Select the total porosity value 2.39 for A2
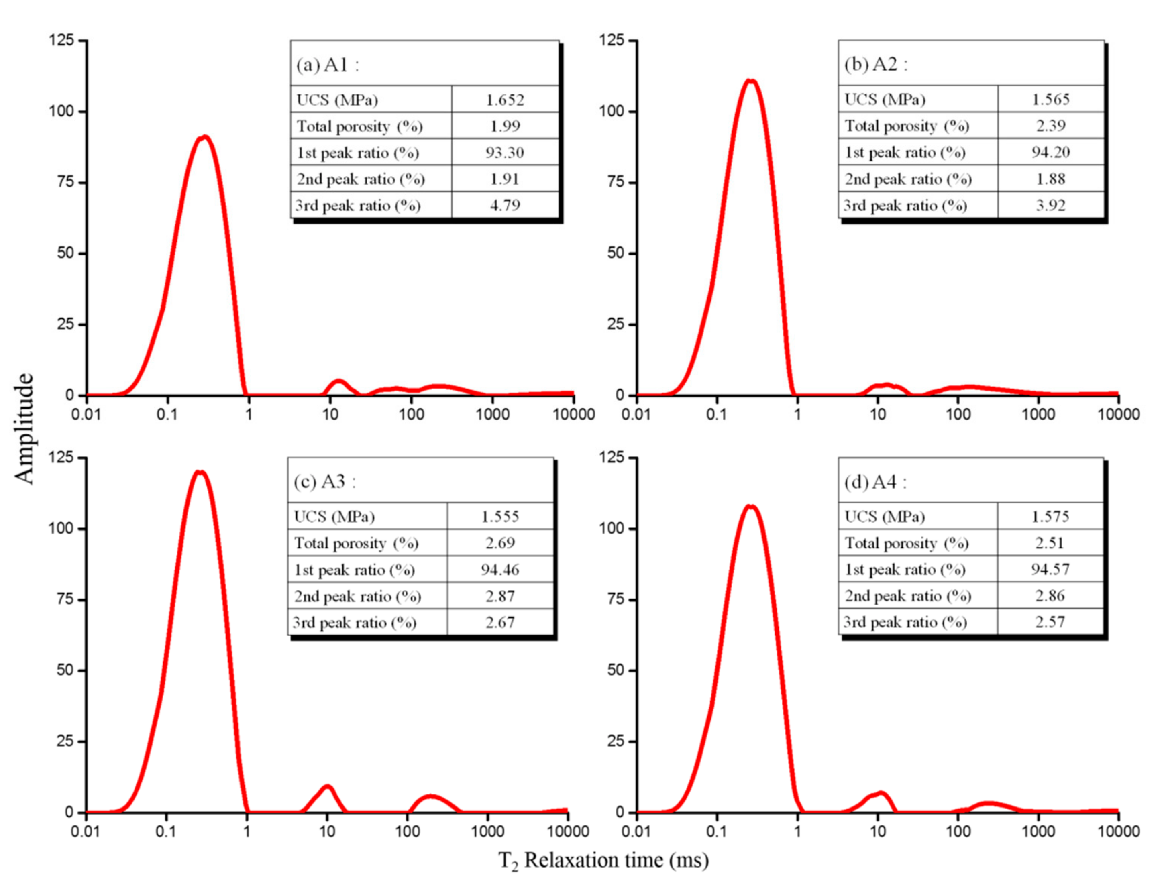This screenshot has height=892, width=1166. (1050, 126)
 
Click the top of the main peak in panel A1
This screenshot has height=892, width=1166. (204, 138)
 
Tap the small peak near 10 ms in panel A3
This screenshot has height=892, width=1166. (328, 787)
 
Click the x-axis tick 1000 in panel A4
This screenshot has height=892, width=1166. (1038, 831)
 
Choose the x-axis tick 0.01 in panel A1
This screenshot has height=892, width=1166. (86, 414)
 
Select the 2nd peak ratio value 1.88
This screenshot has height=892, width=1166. (1050, 179)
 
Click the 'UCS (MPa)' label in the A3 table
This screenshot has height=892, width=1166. (334, 517)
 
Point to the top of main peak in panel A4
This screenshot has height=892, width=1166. (750, 507)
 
